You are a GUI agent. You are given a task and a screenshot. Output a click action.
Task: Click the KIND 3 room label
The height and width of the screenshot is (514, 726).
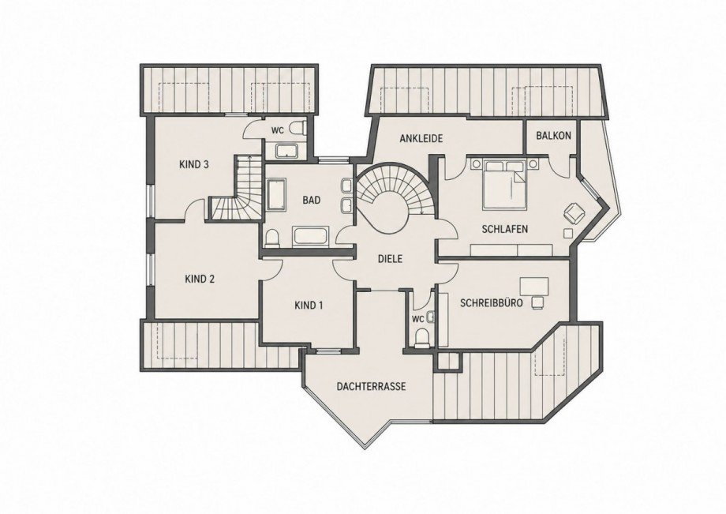click(x=194, y=164)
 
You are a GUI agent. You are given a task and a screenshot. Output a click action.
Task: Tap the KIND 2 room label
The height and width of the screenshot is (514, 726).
click(x=200, y=280)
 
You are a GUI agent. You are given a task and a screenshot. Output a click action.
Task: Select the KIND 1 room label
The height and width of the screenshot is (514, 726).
click(x=309, y=306)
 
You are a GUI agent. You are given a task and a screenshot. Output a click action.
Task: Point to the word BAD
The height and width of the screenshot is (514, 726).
click(x=312, y=200)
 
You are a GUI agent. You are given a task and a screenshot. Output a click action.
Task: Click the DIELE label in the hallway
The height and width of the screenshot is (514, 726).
click(x=391, y=259)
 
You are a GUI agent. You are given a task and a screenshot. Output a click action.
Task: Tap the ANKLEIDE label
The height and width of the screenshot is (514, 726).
click(x=421, y=138)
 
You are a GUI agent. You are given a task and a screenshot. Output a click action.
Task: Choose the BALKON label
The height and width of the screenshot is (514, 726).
click(x=553, y=136)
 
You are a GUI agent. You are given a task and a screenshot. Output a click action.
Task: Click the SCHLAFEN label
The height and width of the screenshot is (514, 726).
click(x=505, y=229)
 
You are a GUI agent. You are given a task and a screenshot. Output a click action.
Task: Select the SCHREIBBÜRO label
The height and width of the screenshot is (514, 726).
click(x=492, y=303)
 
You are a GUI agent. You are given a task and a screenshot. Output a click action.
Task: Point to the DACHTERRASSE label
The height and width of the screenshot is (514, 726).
click(x=372, y=386)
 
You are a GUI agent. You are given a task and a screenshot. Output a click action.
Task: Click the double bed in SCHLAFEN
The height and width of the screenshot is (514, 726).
click(x=505, y=184)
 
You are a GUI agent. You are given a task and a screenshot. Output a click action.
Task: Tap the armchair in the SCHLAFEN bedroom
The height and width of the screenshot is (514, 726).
click(x=574, y=212)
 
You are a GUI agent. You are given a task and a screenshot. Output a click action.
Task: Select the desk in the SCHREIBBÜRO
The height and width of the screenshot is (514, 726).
click(x=534, y=286)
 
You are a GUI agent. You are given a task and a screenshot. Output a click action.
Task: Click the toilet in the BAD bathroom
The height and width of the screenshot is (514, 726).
click(x=273, y=238)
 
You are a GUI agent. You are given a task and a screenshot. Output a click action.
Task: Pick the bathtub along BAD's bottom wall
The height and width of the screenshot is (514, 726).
click(x=311, y=236)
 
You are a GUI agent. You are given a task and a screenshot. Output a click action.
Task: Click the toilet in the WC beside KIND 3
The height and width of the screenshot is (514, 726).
click(x=298, y=128)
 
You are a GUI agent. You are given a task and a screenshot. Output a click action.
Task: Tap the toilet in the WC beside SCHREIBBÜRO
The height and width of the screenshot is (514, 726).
click(x=422, y=338)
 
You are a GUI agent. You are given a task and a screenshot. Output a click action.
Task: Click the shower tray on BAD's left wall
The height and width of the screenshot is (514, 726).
click(x=276, y=194)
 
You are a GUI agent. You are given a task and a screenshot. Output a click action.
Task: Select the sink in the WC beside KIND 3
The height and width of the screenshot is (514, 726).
click(x=287, y=151)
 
